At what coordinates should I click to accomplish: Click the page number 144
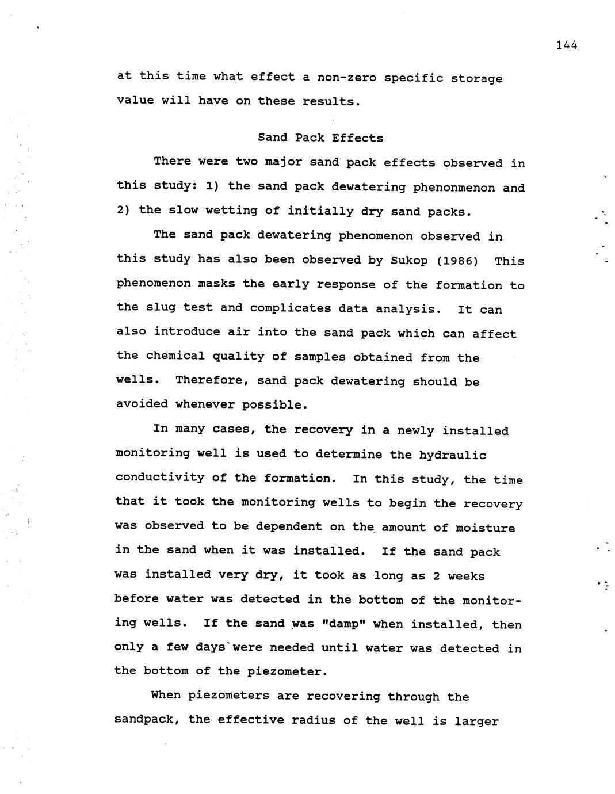566,45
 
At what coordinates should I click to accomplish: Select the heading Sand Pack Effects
320,138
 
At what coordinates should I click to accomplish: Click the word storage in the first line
476,79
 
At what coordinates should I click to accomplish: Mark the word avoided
142,404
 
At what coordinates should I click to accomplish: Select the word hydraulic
452,455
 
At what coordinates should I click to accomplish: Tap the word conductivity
160,478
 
